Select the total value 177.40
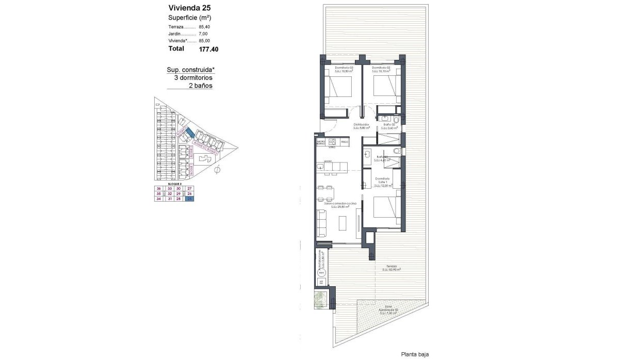coord(208,50)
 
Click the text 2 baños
coord(201,86)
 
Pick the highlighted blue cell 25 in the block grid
coord(189,199)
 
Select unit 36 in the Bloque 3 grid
coord(159,189)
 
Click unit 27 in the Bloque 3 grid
coord(189,189)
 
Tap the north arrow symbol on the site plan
coord(217,169)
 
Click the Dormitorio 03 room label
coord(344,68)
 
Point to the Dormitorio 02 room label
coord(380,68)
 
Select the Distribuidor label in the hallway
coord(361,124)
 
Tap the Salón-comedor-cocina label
coord(340,204)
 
